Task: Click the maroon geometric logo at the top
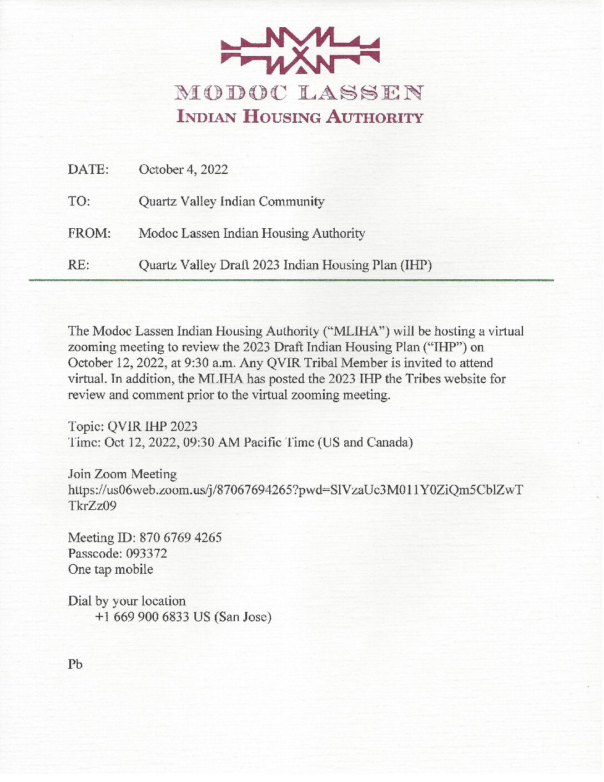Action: [300, 51]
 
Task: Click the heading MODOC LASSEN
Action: [299, 93]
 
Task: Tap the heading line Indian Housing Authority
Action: [299, 117]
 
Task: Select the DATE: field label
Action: [88, 169]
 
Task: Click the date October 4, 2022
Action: [183, 169]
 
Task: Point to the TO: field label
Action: [79, 201]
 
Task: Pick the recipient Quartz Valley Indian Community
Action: [231, 201]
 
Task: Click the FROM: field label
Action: [89, 233]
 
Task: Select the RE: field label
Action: [78, 265]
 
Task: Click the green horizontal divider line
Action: [291, 280]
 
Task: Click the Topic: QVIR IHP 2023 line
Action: [133, 427]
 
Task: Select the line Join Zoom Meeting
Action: [122, 474]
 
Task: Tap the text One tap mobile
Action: [110, 569]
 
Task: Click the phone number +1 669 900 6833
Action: [142, 617]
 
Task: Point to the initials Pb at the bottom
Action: [75, 664]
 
